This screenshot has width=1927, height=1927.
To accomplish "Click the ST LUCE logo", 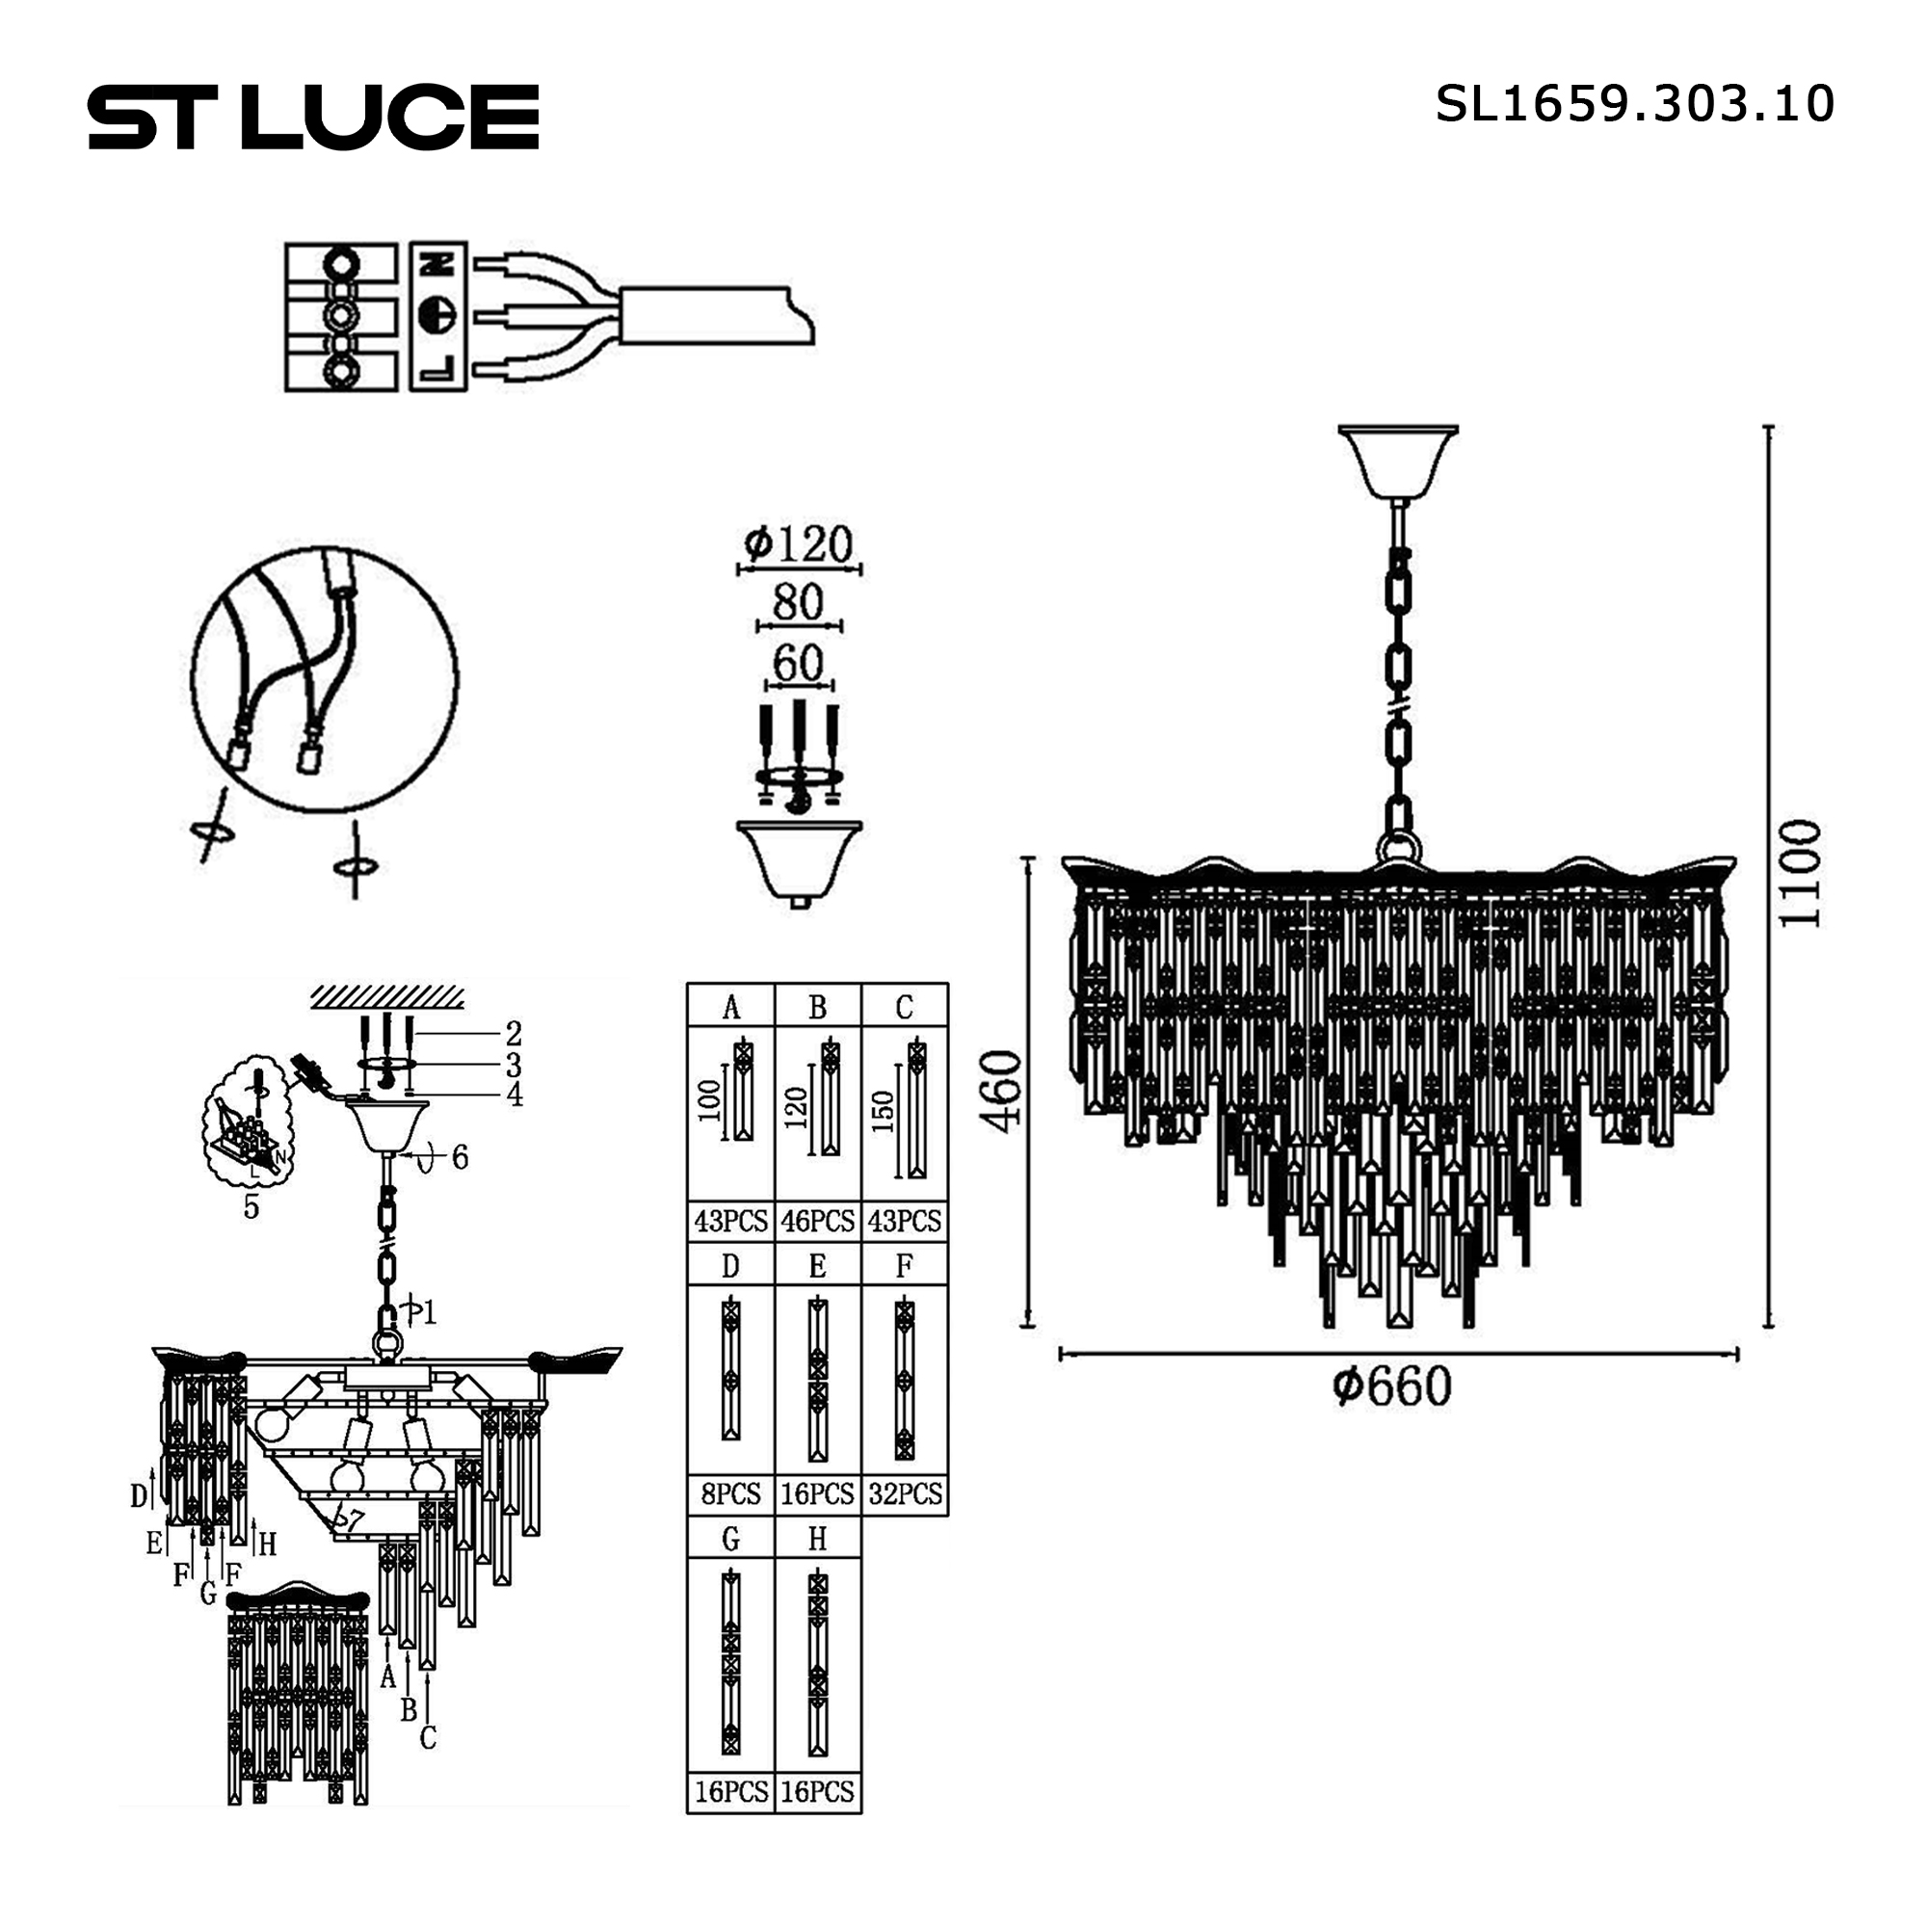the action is click(313, 117).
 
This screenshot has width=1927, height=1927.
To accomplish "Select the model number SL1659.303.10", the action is click(1635, 104).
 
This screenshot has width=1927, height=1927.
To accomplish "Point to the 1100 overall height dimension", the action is click(1801, 875).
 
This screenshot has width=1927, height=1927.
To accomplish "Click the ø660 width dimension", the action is click(1392, 1386).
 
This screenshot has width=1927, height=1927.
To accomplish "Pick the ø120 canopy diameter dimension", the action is click(798, 543).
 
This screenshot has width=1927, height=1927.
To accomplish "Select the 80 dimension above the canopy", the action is click(798, 601).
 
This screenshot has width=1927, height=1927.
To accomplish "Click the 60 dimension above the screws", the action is click(798, 663).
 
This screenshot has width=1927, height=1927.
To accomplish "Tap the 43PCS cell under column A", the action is click(731, 1221).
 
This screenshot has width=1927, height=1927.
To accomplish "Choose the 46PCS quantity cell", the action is click(818, 1221).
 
